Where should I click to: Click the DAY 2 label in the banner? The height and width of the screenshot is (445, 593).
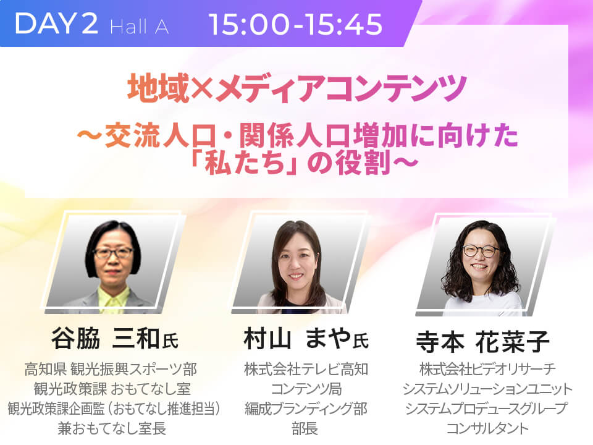(x=56, y=23)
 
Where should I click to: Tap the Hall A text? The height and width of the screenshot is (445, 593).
(x=139, y=27)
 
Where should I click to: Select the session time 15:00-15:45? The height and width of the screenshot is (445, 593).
(x=295, y=24)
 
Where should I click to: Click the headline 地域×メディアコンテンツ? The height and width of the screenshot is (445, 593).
(x=297, y=88)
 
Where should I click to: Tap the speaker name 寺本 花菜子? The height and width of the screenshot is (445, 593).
(x=482, y=341)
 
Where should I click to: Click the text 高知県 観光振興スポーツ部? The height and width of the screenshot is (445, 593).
(x=111, y=369)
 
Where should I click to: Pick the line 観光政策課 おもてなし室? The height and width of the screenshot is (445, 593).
(x=112, y=389)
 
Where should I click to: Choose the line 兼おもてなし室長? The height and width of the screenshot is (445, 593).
(x=112, y=428)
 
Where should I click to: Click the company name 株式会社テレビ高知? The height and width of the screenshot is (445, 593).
(x=306, y=369)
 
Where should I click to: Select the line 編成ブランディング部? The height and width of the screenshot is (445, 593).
(x=306, y=409)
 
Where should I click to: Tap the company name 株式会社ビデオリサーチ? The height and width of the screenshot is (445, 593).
(x=487, y=369)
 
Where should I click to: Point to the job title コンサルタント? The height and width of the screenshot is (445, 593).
(x=487, y=428)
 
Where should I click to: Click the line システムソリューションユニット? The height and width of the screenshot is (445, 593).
(x=487, y=389)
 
